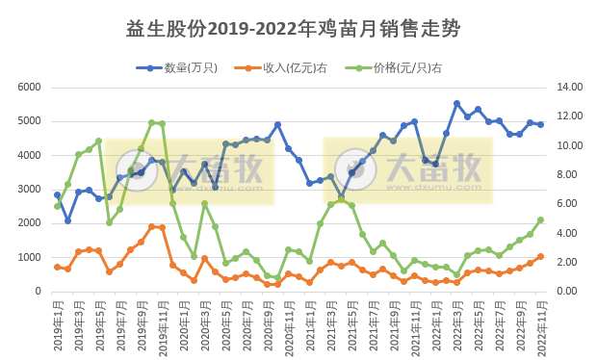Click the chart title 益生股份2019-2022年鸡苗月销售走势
[298, 30]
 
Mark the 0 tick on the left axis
[36, 292]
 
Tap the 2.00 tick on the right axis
[568, 263]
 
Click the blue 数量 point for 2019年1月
[58, 195]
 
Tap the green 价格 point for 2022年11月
[541, 219]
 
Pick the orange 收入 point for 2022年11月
[541, 256]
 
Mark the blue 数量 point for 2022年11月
[541, 124]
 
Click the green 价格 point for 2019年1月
[58, 206]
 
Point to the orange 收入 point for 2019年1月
[58, 267]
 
